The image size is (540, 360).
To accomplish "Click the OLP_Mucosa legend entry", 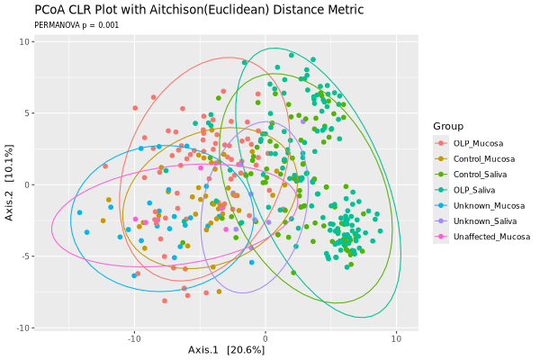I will (x=477, y=143).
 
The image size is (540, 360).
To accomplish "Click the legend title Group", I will (x=448, y=125).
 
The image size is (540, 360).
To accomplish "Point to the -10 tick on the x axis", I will (x=133, y=338).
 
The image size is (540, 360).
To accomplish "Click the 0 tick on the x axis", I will (x=265, y=338).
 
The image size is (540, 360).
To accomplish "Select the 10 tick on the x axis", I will (x=396, y=338).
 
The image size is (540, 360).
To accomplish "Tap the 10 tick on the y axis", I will (x=25, y=41).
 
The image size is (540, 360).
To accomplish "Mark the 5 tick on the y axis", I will (x=28, y=113).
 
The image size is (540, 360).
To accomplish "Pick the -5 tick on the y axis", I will (x=26, y=256).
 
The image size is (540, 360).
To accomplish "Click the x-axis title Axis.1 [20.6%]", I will (x=226, y=350).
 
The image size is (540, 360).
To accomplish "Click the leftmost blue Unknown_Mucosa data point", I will (x=80, y=213).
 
